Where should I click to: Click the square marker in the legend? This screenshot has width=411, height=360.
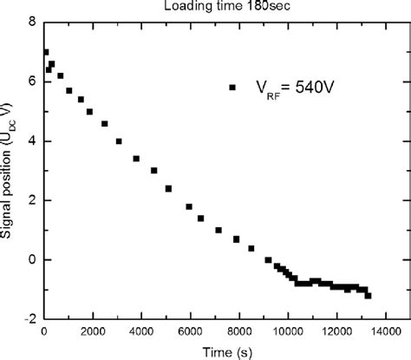[232, 87]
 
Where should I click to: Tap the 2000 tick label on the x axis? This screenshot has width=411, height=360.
[92, 331]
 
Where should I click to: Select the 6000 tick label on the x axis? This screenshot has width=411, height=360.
[190, 331]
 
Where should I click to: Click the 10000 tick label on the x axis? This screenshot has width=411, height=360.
[287, 331]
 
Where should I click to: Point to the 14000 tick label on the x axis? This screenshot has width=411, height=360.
[385, 331]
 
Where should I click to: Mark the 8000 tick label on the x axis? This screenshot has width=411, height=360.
[238, 331]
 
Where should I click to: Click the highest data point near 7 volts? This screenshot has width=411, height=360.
[46, 52]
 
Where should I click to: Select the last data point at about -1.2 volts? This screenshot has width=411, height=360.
[368, 296]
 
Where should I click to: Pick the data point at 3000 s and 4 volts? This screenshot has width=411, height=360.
[119, 141]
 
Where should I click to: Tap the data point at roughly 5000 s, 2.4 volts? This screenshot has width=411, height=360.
[168, 188]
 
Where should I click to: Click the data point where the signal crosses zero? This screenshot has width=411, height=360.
[268, 259]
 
